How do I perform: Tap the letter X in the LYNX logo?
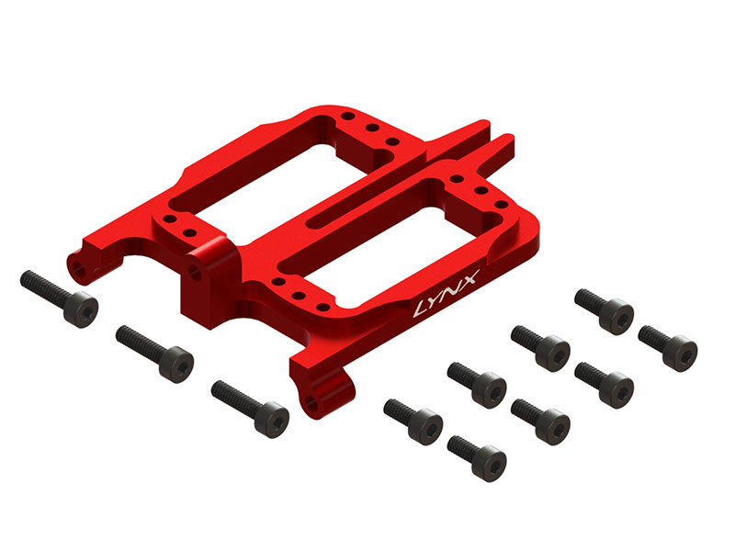(468, 279)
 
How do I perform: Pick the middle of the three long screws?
(154, 354)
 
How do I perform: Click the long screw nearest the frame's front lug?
(250, 410)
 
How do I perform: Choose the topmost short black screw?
(605, 311)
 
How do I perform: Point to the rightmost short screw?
(668, 349)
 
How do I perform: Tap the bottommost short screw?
(477, 458)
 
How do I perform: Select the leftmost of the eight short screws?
(413, 422)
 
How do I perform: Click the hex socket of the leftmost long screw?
(83, 311)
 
